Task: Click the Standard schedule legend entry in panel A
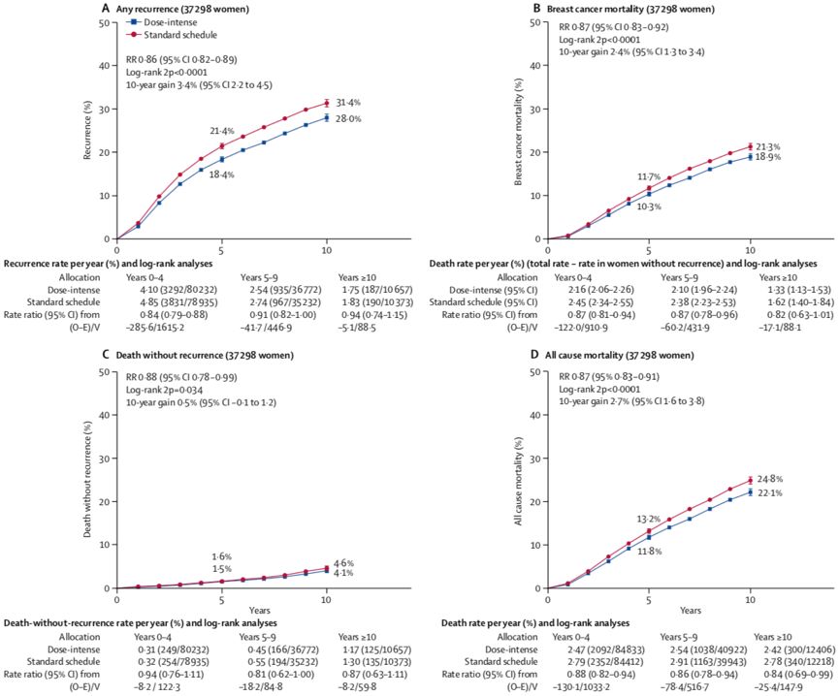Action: pos(168,34)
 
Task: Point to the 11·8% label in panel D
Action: pos(648,551)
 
